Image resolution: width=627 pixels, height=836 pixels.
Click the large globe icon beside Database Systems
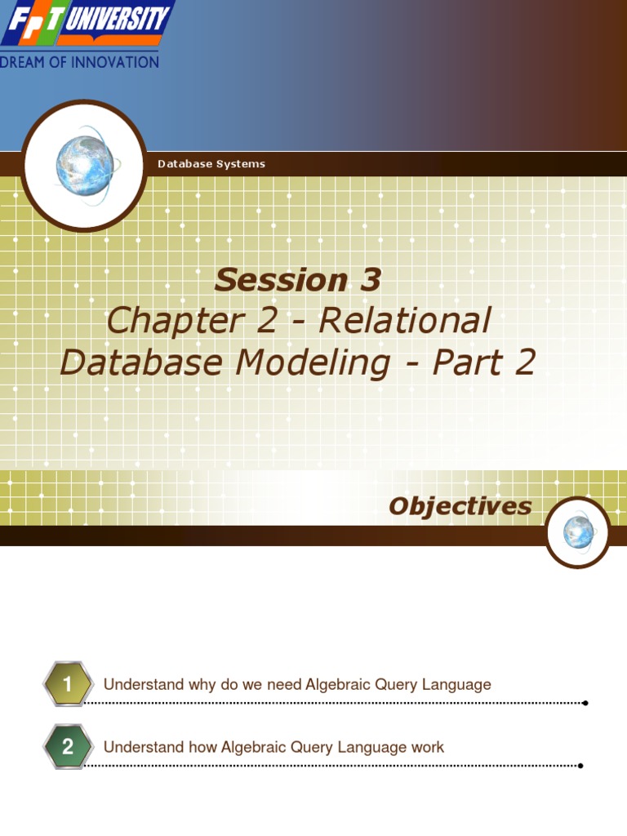click(x=84, y=164)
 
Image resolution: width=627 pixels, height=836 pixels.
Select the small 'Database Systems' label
click(x=211, y=164)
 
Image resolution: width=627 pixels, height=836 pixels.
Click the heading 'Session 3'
click(x=297, y=280)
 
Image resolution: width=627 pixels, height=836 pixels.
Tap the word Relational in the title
click(x=405, y=321)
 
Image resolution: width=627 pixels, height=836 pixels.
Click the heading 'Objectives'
click(x=460, y=506)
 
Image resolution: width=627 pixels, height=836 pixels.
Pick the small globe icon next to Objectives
click(x=578, y=532)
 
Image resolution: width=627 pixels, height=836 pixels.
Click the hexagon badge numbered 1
click(x=68, y=684)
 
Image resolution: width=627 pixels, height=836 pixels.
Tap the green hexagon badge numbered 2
click(x=68, y=746)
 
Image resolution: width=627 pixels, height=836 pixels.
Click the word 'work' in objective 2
click(x=428, y=747)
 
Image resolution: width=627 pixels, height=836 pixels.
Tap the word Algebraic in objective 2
click(x=257, y=747)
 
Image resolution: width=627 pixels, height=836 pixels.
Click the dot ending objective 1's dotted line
click(x=585, y=703)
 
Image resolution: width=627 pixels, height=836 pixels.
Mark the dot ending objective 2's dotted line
click(x=580, y=766)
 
